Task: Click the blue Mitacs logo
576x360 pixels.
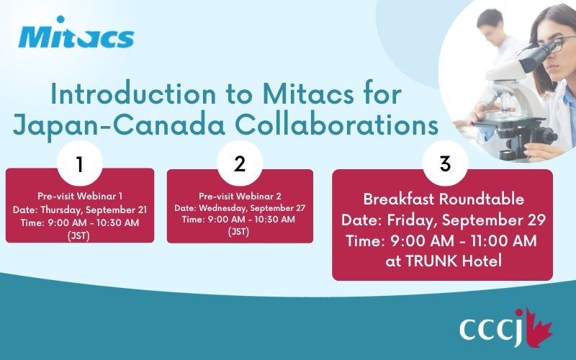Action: click(x=76, y=32)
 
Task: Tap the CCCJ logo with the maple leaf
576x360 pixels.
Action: click(x=506, y=328)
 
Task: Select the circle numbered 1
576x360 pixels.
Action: click(x=80, y=163)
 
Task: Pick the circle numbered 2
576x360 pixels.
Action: click(x=240, y=163)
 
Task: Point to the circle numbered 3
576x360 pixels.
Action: click(x=445, y=163)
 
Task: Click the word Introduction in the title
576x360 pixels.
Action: click(x=133, y=94)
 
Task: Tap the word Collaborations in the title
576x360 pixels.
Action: click(x=336, y=125)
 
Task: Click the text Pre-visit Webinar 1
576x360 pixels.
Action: click(x=80, y=196)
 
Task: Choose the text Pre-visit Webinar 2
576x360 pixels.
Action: click(x=240, y=196)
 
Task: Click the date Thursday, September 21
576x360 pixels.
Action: click(x=94, y=210)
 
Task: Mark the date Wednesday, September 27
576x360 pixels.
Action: click(x=252, y=208)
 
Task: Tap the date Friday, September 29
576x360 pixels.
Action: click(x=466, y=220)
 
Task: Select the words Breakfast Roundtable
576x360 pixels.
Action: click(x=444, y=199)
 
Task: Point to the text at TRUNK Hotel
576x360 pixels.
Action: click(x=444, y=261)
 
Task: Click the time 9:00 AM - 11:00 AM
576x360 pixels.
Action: click(x=464, y=241)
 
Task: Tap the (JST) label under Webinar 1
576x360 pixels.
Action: click(x=79, y=235)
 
